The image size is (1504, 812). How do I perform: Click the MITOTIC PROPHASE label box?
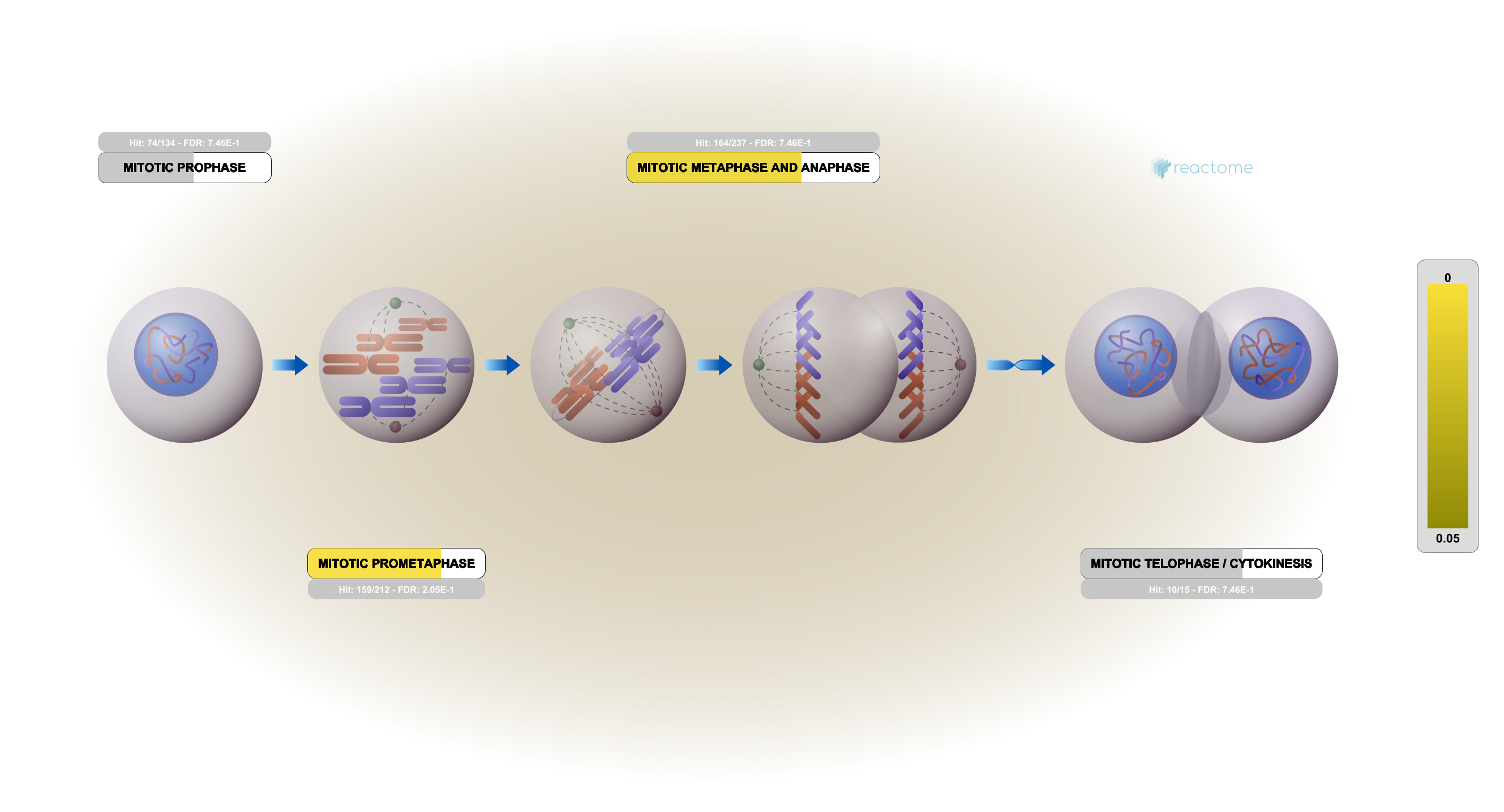coord(185,168)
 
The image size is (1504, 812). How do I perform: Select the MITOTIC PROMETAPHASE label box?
coord(396,564)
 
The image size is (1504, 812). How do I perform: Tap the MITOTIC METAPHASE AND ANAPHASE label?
coord(753,168)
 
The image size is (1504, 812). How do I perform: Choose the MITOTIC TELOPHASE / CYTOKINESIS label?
coord(1201,564)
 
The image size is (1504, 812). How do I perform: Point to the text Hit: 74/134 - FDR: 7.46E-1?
coord(185,143)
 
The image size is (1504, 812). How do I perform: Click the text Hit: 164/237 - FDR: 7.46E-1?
coord(753,143)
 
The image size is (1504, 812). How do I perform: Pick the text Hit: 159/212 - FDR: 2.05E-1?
coord(396,590)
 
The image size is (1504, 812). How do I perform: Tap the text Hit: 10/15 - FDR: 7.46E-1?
coord(1201,590)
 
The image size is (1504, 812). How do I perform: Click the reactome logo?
coord(1202,168)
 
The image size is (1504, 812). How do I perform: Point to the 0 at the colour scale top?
coord(1447,278)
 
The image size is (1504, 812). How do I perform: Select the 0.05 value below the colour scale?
coord(1447,538)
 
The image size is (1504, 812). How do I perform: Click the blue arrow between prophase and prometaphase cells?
coord(290,365)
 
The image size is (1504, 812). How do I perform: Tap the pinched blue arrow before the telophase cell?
coord(1021,365)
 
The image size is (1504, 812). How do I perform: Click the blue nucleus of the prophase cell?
coord(175,355)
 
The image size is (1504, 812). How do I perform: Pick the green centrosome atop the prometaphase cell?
coord(395,303)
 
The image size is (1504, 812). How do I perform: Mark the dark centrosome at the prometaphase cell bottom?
coord(395,427)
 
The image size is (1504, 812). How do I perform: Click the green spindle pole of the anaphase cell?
coord(759,365)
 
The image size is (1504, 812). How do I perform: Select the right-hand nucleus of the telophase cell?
coord(1270,357)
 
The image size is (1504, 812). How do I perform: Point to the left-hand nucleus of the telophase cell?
coord(1136,356)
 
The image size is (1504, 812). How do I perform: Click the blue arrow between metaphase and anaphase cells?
coord(714,365)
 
